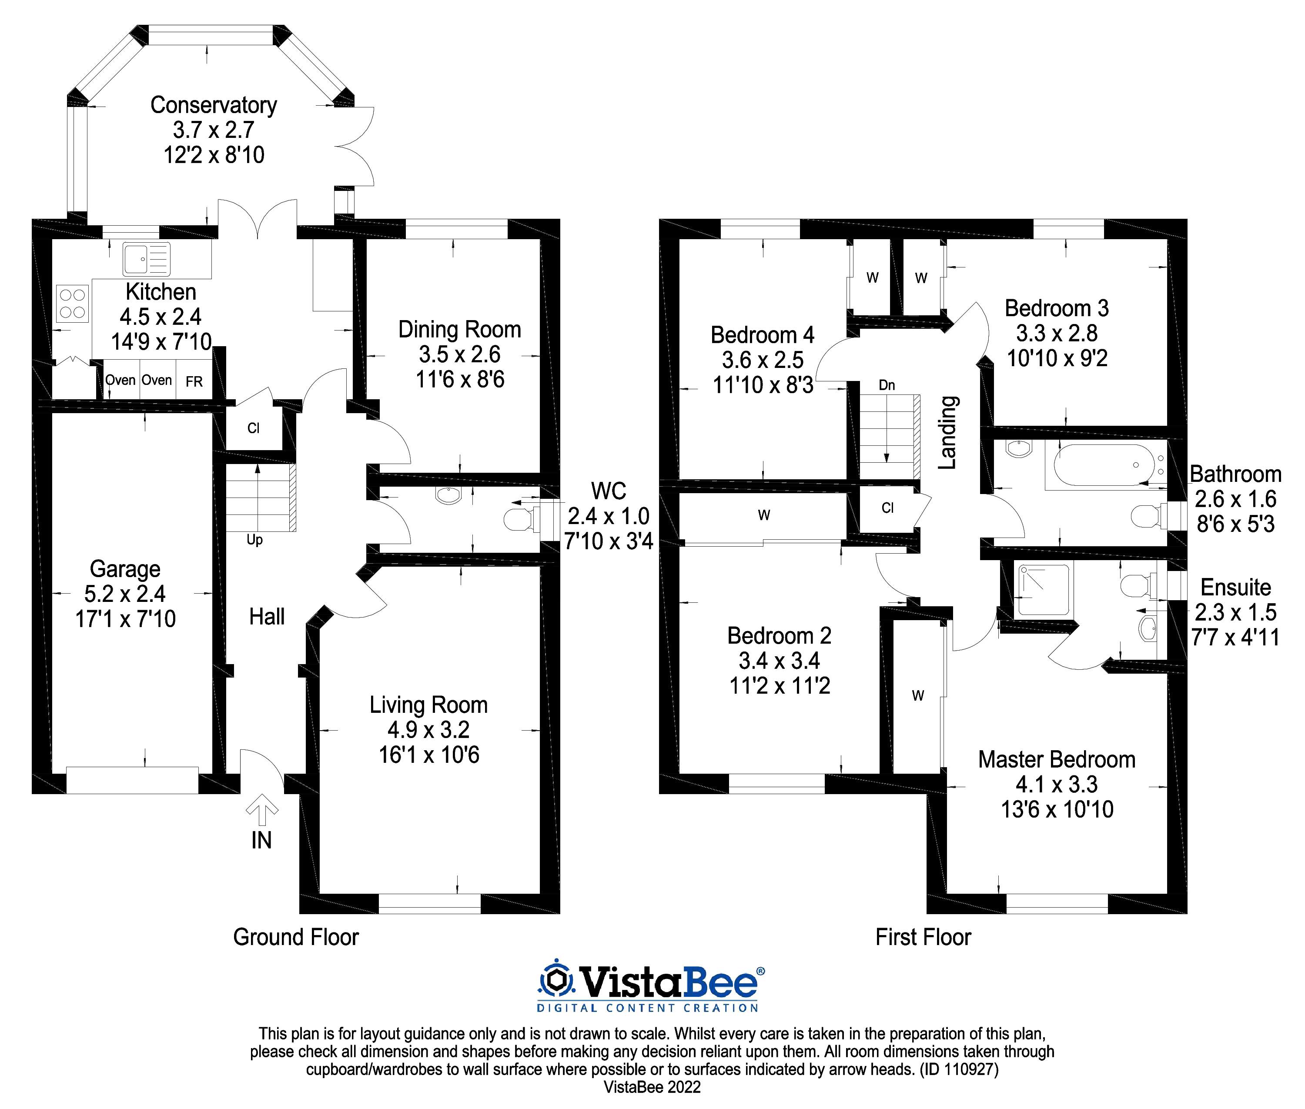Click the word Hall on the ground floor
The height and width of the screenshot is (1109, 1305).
pyautogui.click(x=267, y=617)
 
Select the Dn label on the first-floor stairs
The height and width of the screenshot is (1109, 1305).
pyautogui.click(x=887, y=385)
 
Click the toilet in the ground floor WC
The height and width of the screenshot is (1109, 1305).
pyautogui.click(x=519, y=520)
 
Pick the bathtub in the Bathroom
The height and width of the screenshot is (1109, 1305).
pyautogui.click(x=1104, y=465)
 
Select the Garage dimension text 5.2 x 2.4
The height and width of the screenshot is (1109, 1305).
pyautogui.click(x=125, y=594)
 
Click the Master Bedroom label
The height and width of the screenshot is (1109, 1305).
pyautogui.click(x=1057, y=759)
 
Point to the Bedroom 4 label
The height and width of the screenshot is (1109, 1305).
pyautogui.click(x=762, y=335)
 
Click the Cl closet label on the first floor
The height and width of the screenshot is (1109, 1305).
pyautogui.click(x=887, y=508)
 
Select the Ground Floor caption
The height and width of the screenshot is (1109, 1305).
pyautogui.click(x=296, y=937)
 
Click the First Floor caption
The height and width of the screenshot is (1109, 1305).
pyautogui.click(x=923, y=937)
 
